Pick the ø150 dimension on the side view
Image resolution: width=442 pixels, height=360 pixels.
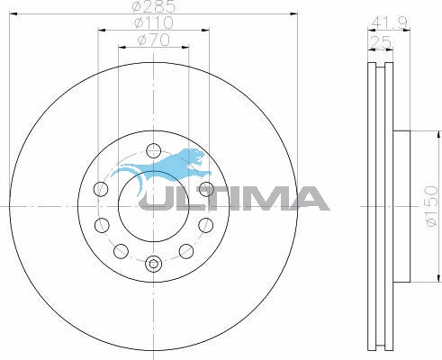pyautogui.click(x=430, y=206)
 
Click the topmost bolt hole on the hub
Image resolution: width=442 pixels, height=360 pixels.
pyautogui.click(x=153, y=150)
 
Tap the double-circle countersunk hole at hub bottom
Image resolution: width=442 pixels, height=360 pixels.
pyautogui.click(x=153, y=264)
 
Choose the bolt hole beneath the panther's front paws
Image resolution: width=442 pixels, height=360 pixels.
pyautogui.click(x=206, y=189)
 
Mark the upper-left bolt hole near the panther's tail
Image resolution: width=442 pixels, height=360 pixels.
pyautogui.click(x=101, y=189)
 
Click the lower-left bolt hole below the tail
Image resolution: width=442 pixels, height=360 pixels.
pyautogui.click(x=101, y=225)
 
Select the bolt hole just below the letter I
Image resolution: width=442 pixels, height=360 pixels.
pyautogui.click(x=206, y=225)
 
